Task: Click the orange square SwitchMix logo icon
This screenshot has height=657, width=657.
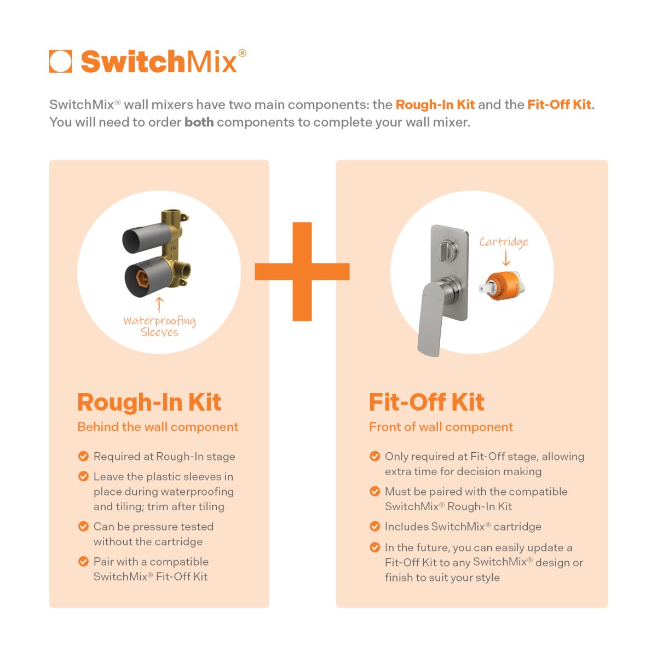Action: pos(60,61)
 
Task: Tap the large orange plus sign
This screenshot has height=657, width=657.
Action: pos(302,272)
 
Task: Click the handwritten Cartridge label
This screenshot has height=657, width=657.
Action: pos(504,242)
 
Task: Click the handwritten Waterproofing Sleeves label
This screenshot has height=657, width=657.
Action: pos(159,326)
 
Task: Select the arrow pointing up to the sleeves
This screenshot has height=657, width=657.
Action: pos(159,304)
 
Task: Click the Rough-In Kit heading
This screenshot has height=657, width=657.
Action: pos(149,402)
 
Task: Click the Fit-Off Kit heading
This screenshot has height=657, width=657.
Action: pos(427,402)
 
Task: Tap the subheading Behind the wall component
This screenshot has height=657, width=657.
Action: pos(158,427)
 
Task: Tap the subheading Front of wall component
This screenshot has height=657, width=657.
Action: pos(441,427)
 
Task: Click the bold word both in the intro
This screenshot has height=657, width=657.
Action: pos(199,122)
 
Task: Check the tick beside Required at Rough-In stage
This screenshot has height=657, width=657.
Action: pos(84,456)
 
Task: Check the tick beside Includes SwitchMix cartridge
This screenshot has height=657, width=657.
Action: pos(375,526)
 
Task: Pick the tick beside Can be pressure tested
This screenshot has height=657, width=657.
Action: pos(84,526)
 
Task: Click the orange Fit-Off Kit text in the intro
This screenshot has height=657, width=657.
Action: pos(559,105)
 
